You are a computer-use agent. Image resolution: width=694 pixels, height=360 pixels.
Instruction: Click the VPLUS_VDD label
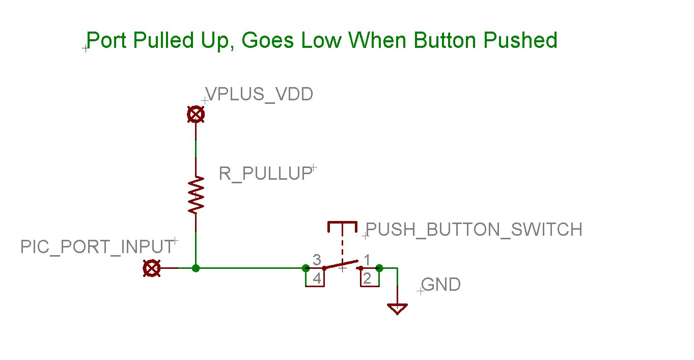pos(259,94)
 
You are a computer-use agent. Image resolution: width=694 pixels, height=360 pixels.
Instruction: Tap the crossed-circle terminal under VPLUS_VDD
pos(196,115)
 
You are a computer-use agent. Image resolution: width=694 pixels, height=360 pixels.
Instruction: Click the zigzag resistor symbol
pos(196,195)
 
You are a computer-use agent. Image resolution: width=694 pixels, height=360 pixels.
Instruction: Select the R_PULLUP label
pos(265,174)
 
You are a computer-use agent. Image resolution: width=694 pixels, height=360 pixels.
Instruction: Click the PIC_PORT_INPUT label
pos(97,247)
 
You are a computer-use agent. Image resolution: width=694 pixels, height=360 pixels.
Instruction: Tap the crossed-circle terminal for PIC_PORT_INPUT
pos(152,268)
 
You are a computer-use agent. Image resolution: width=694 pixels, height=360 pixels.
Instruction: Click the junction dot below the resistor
pos(196,268)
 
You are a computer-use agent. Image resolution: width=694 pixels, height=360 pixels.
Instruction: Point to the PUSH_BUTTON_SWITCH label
pos(474,230)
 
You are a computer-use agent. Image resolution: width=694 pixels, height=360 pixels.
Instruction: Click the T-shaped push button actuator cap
pos(342,225)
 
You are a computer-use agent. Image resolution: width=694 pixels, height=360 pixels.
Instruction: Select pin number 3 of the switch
pos(316,260)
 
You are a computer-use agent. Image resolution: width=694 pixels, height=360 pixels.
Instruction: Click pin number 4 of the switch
pos(316,279)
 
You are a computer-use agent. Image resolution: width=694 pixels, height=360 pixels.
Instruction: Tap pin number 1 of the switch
pos(367,260)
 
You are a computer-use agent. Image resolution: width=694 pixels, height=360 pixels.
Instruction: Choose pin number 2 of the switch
pos(368,279)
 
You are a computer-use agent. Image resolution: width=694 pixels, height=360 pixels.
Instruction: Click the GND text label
pos(441,285)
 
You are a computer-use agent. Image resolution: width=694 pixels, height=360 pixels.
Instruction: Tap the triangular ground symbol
pos(397,308)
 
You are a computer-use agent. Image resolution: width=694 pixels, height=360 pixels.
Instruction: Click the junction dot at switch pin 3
pos(306,268)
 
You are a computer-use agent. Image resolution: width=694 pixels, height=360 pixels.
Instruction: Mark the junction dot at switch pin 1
pos(379,268)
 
